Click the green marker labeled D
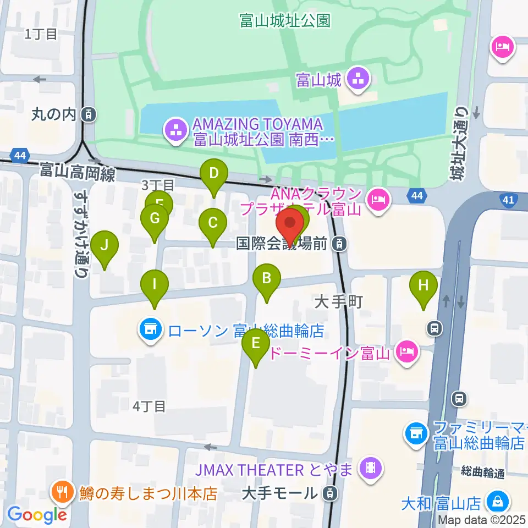click(x=214, y=175)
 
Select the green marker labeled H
click(x=423, y=286)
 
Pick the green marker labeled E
click(x=256, y=344)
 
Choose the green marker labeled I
click(x=155, y=285)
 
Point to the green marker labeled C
click(x=213, y=223)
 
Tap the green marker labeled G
click(x=155, y=219)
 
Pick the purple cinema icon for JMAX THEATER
click(x=371, y=469)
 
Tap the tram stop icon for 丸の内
click(x=87, y=115)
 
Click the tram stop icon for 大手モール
click(x=329, y=493)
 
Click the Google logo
click(x=37, y=515)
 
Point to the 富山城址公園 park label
click(x=284, y=21)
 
